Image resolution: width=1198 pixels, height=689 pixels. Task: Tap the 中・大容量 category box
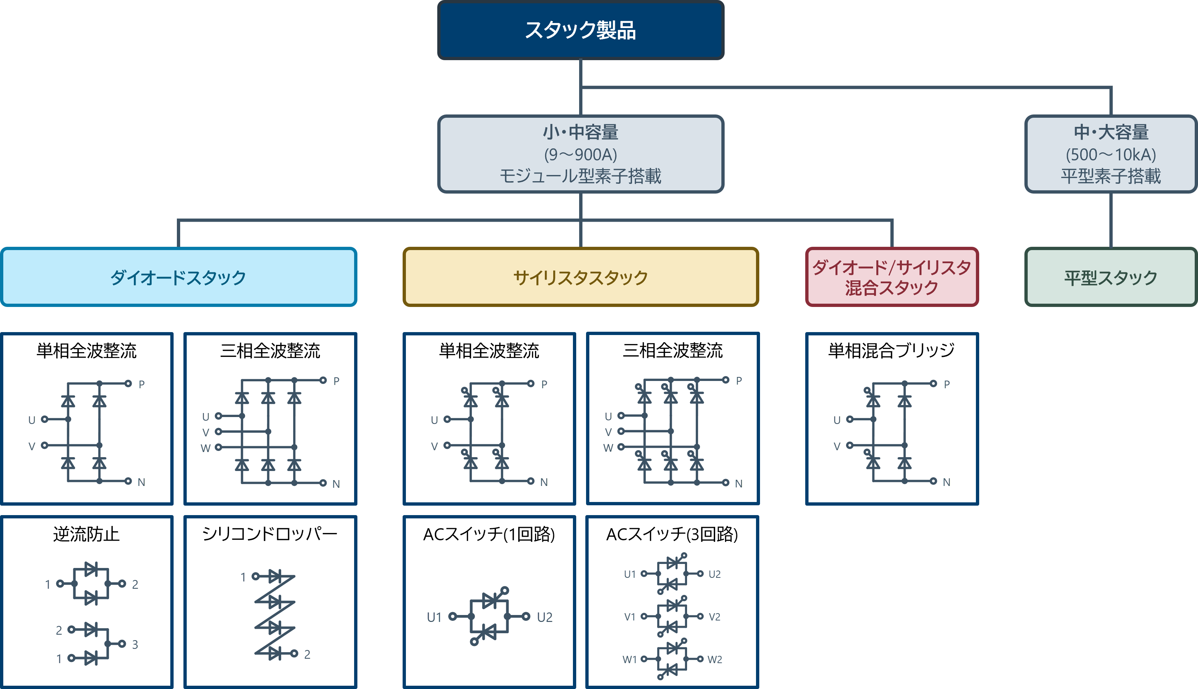click(x=1110, y=154)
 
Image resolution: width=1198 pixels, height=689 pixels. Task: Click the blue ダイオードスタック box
click(x=178, y=277)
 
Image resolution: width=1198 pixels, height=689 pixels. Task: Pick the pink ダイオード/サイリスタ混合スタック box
click(x=892, y=277)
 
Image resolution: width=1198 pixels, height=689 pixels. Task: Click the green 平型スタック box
click(x=1110, y=277)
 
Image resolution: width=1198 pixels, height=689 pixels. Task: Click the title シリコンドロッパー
click(x=270, y=534)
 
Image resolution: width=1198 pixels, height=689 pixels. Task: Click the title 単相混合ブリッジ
click(x=891, y=351)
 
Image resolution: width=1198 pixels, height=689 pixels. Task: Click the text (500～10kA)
click(x=1110, y=154)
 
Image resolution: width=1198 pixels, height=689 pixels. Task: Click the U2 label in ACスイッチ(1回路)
click(x=545, y=617)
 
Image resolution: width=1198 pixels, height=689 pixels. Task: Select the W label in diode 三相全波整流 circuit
click(x=205, y=448)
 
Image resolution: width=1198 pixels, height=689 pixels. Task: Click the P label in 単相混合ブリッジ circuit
click(x=947, y=384)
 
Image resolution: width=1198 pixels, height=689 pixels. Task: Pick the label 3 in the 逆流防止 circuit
click(x=135, y=645)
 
